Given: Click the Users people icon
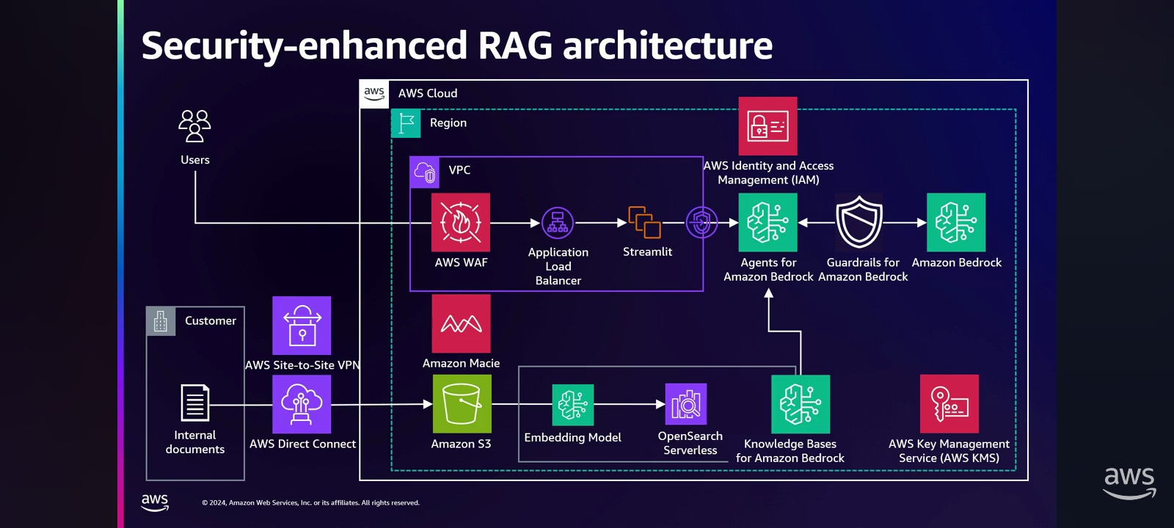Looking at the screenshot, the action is tap(194, 125).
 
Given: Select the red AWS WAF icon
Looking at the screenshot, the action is tap(461, 223).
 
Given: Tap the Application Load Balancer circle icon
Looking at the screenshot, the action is tap(557, 223).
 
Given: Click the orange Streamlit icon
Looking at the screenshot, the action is tap(645, 222).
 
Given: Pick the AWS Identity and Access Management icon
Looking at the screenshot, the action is tap(768, 125).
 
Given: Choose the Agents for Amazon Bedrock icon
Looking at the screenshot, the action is tap(768, 223).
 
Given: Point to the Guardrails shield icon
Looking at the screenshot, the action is tap(859, 221).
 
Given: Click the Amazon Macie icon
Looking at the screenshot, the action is tap(462, 323).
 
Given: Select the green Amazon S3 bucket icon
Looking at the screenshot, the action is tap(462, 404).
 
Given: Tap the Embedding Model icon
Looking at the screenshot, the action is tap(573, 405).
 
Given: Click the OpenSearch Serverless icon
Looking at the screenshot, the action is tap(686, 404).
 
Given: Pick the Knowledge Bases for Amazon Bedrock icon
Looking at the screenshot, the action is tap(801, 404).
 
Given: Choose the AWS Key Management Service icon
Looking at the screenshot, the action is tap(949, 404).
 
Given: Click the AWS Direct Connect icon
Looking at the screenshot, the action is tap(302, 404).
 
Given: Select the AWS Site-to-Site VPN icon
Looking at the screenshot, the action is tap(302, 326).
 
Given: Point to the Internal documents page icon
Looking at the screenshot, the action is tap(195, 403).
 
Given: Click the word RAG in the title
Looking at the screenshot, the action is tap(515, 45).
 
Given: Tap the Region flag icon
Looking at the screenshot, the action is tap(406, 123).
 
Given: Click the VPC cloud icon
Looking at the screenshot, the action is tap(425, 172).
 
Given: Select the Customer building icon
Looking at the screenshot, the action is tap(161, 321).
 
